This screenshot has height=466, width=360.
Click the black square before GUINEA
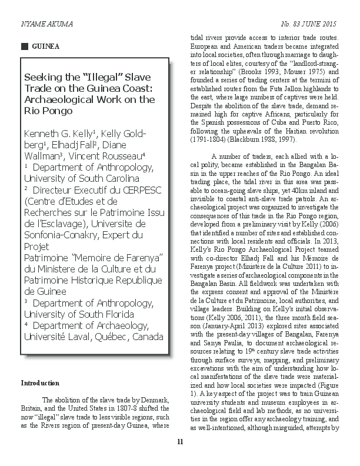click(24, 45)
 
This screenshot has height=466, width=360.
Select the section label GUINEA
click(45, 45)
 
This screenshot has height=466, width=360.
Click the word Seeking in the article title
click(43, 78)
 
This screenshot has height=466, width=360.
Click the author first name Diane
click(137, 145)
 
